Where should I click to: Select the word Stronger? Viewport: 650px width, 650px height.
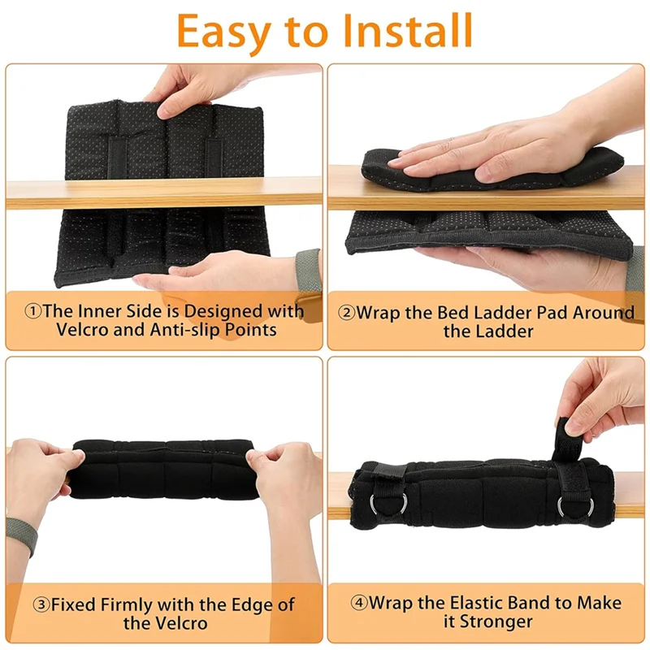tap(493, 622)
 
